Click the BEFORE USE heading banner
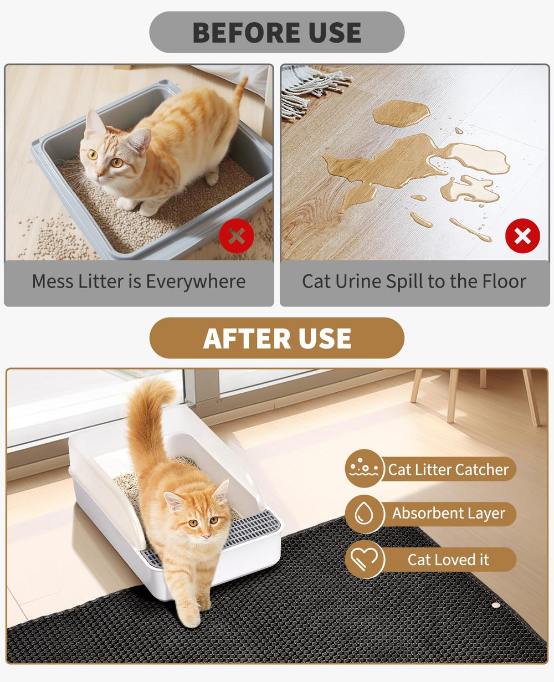[276, 33]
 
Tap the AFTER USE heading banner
[276, 338]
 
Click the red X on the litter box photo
[237, 236]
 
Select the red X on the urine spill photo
[522, 236]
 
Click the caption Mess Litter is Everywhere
[138, 281]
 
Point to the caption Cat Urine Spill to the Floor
[414, 281]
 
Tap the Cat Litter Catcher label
[448, 470]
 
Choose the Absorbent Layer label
[448, 514]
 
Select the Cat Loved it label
[448, 560]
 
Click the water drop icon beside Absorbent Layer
[364, 514]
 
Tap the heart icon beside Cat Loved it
[364, 560]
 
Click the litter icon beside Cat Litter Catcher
[364, 469]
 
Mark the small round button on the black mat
[496, 606]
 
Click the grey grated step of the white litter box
[252, 529]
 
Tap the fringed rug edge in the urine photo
[310, 89]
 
